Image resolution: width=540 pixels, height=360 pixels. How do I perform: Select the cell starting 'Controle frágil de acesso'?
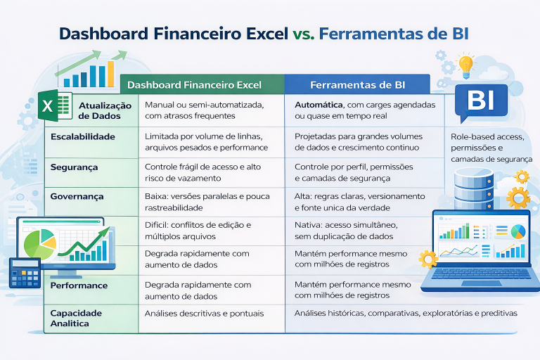pyautogui.click(x=202, y=172)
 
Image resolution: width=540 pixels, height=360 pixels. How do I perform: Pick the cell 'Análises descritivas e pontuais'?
pyautogui.click(x=205, y=313)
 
